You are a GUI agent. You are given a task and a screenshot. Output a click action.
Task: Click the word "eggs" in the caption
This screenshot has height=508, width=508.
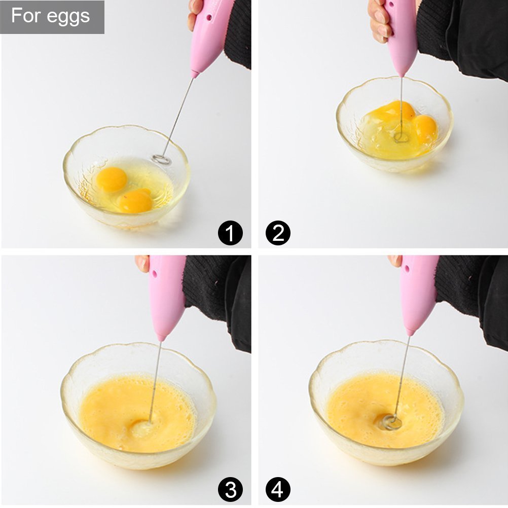[x=68, y=17]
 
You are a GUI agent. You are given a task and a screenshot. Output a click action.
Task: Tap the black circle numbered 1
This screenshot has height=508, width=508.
[x=230, y=233]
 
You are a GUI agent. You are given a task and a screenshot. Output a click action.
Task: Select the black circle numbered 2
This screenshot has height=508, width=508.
[x=278, y=233]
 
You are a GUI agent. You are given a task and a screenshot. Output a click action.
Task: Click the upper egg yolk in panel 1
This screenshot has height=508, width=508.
[x=112, y=179]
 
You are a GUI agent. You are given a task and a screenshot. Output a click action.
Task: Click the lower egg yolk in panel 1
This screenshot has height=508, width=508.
[x=135, y=201]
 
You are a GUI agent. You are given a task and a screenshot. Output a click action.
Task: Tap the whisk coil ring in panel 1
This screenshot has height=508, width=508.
[x=161, y=159]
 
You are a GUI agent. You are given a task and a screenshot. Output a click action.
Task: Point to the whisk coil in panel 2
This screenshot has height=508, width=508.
[x=402, y=138]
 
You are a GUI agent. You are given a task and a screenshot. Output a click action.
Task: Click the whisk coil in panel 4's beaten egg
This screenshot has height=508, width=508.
[x=391, y=422]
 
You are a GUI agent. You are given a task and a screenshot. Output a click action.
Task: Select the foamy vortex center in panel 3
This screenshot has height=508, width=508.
[x=142, y=428]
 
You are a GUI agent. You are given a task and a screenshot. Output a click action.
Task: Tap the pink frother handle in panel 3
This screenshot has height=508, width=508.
[x=166, y=297]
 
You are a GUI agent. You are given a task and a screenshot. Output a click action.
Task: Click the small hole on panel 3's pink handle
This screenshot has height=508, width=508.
[x=155, y=274]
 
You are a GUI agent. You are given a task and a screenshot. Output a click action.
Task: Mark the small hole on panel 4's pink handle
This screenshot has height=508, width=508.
[x=407, y=269]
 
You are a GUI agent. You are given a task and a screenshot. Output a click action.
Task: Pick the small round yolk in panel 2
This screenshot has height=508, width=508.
[x=425, y=129]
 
